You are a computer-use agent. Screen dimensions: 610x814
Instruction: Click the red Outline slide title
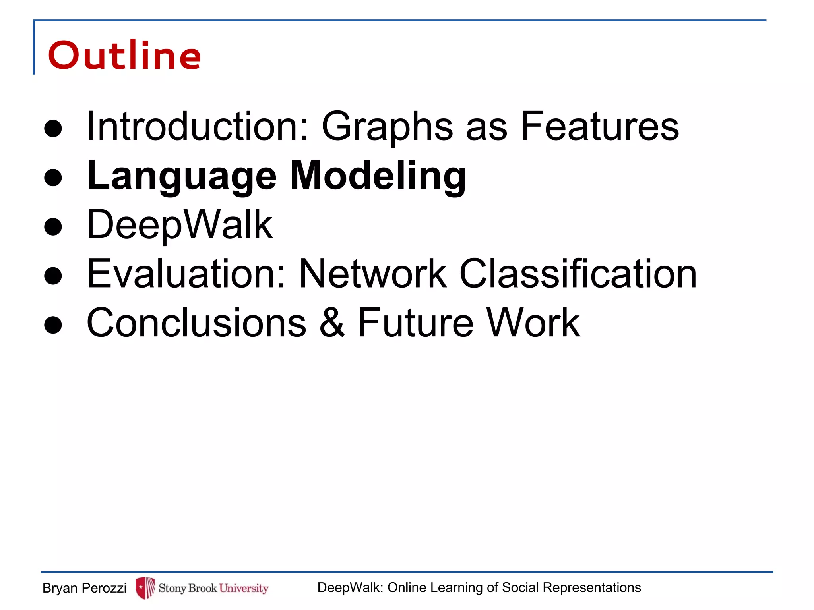pos(124,56)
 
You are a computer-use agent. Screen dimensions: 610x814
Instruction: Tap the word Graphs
pos(387,127)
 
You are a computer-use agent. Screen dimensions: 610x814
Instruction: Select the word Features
pos(600,126)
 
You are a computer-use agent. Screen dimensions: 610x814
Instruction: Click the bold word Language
pos(182,176)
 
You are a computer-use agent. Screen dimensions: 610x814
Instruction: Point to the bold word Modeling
pos(378,176)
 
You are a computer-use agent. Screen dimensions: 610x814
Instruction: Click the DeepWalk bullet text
pos(180,225)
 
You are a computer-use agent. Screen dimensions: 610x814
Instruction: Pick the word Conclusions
pos(196,323)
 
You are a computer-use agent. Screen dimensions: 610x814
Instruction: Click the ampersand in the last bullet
pos(332,323)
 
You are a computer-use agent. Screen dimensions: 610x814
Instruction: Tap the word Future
pos(415,323)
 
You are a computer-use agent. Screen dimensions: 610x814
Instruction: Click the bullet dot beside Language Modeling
pos(53,178)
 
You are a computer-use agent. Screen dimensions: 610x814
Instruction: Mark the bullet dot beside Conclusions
pos(53,324)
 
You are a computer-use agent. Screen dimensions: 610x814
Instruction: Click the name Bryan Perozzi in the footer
pos(84,588)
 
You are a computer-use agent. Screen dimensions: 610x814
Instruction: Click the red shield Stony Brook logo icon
pos(145,588)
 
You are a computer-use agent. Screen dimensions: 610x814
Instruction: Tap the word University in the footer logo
pos(244,588)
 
